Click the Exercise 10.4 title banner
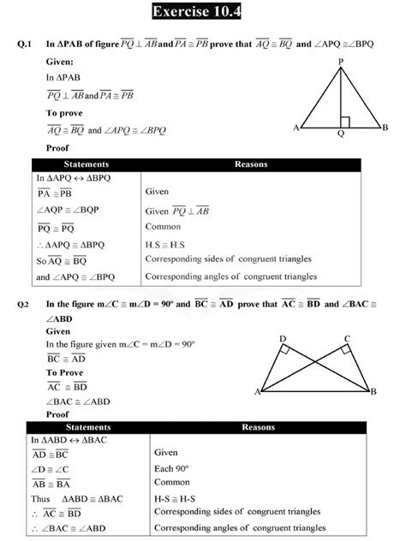203,12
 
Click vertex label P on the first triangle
341,61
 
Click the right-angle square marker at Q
344,122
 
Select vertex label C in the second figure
347,339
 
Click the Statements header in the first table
87,163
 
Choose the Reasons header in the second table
258,426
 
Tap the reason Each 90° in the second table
171,467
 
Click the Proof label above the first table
57,148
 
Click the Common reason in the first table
163,227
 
